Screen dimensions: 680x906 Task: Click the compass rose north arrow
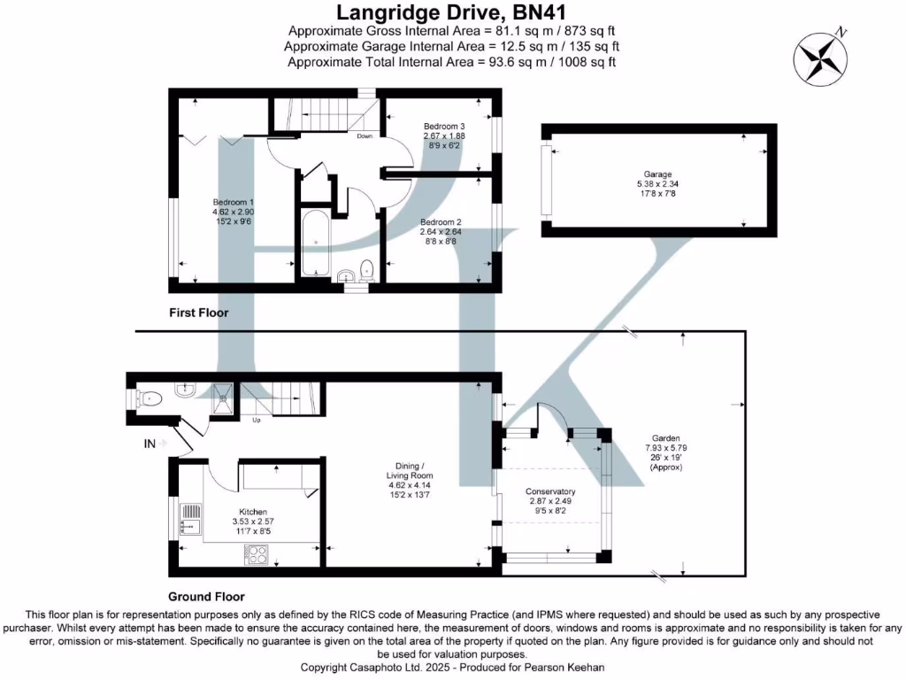coord(820,57)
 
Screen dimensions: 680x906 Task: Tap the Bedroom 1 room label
coord(233,202)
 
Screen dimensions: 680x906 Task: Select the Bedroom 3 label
coord(443,126)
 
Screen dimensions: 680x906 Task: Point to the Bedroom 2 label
coord(441,221)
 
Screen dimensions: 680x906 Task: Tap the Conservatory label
coord(550,491)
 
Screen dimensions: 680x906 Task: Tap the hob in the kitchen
coord(256,555)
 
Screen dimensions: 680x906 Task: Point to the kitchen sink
coord(189,517)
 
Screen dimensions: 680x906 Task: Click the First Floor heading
coord(199,313)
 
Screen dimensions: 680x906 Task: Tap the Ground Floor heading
coord(206,596)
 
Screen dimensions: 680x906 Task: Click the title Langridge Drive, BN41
coord(452,13)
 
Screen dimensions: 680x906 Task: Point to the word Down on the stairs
coord(365,136)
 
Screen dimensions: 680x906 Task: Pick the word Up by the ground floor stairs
coord(257,419)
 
